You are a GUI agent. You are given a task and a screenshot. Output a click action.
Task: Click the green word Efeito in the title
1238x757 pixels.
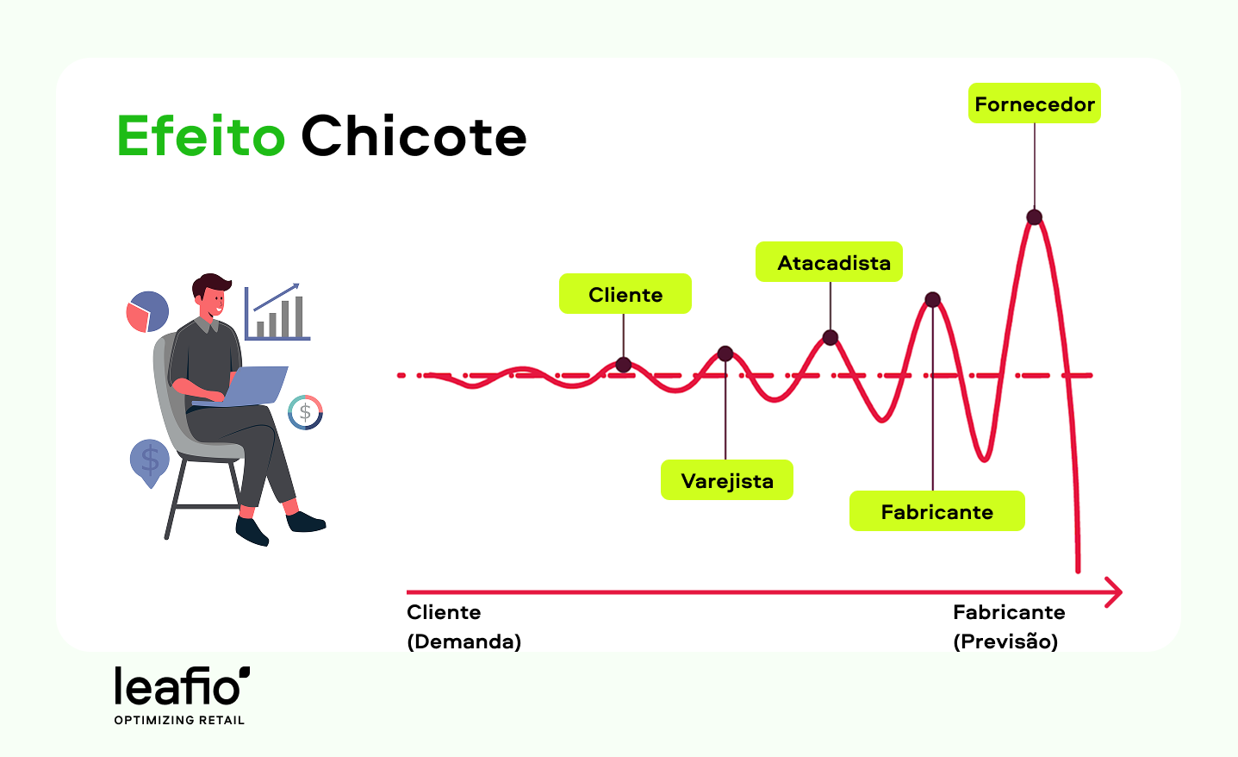(201, 136)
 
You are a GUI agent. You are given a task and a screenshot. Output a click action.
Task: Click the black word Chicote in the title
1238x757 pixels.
(414, 136)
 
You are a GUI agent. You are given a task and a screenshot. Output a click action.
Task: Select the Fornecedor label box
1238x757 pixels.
(1034, 103)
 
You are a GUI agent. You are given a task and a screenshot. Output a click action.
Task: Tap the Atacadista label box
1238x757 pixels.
(829, 262)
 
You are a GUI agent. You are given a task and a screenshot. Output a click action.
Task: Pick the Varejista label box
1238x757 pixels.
(726, 480)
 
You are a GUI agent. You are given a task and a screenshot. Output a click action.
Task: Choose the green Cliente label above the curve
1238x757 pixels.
(625, 294)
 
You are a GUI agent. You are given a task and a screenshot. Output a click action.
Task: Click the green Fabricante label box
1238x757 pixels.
(936, 511)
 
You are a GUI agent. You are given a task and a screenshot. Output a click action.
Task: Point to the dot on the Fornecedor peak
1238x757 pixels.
(1034, 217)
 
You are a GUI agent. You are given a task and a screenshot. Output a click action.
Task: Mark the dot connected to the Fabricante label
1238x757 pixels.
(932, 300)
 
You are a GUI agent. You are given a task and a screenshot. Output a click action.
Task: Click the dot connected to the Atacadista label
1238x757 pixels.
(830, 337)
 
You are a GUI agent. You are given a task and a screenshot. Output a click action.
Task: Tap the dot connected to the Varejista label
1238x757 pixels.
(725, 353)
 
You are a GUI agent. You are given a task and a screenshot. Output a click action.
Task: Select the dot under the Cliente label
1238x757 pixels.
(624, 365)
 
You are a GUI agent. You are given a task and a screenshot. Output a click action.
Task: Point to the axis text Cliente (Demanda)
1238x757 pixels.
(463, 627)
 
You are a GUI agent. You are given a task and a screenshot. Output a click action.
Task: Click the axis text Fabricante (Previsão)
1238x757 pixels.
(1009, 627)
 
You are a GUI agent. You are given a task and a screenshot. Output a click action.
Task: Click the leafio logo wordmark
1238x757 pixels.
(182, 686)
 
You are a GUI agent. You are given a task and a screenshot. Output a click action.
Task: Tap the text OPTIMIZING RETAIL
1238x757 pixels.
(179, 720)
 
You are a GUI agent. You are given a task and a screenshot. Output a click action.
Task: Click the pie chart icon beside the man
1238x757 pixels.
(147, 312)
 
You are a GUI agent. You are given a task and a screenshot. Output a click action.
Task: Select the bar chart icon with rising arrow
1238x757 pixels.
(277, 312)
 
